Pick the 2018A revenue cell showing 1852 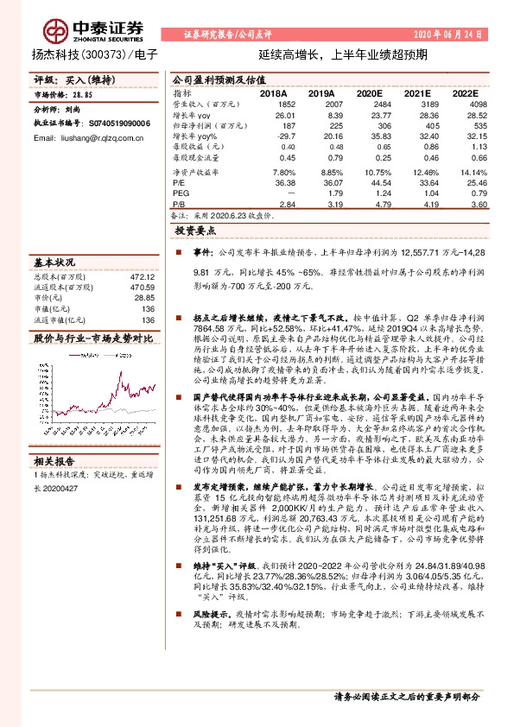point(283,104)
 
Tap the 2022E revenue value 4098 point(465,104)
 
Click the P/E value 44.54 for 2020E point(370,183)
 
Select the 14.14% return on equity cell point(463,173)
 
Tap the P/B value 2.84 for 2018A point(284,204)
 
